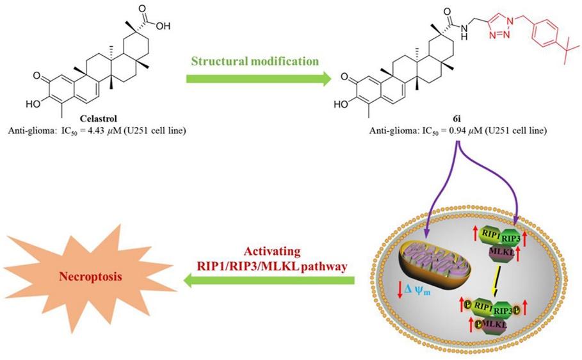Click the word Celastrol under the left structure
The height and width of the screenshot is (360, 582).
pos(99,119)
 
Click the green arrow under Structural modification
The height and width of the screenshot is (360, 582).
pos(258,79)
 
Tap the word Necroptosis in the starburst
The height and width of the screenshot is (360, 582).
pos(90,277)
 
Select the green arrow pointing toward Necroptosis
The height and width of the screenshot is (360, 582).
pos(269,280)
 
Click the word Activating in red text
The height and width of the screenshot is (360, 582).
pos(272,252)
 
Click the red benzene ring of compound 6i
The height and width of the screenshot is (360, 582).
pos(545,35)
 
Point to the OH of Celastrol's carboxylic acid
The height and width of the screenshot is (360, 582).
pos(163,26)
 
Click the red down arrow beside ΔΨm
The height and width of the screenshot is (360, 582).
pos(400,290)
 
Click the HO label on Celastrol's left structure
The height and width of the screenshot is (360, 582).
pos(33,104)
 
